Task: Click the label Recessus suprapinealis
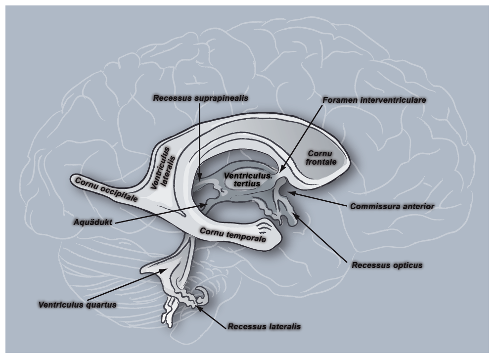point(201,98)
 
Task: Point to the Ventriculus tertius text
point(247,180)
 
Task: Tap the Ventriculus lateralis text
point(163,166)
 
